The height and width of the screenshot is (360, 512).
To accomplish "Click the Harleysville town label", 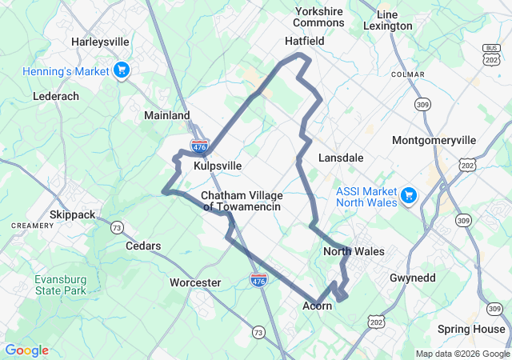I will coord(100,41).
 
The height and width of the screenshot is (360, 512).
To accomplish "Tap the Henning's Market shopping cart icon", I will coord(122,71).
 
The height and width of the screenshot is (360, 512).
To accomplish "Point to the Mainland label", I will coord(167,115).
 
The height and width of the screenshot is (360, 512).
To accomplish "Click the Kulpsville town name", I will coord(218,166).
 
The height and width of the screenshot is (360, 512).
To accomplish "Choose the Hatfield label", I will coord(305,40).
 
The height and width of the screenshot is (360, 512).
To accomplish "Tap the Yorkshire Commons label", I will coord(319,17).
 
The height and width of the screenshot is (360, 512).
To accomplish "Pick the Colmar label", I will coord(407,74).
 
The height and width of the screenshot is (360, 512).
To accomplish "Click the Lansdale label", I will coord(341,158).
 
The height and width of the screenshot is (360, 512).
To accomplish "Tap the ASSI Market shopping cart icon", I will coord(409,196).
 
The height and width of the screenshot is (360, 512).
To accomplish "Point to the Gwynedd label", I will coord(413,277).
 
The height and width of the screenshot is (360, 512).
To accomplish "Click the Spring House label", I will coord(471,329).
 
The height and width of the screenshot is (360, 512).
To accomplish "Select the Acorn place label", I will coord(318,306).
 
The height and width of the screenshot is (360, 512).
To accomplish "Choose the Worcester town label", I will coord(195,282).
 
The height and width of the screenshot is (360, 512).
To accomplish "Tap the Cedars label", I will coord(143,246).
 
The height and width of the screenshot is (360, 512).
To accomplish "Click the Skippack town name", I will coord(72,214).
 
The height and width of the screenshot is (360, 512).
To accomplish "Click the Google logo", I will coord(26,350).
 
